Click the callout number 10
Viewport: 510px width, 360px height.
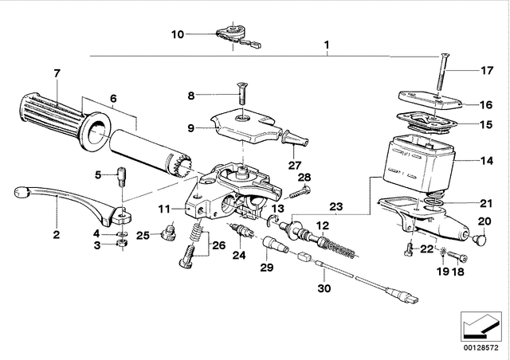178,34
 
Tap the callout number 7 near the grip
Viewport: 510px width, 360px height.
57,74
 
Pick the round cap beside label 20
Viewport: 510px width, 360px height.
480,238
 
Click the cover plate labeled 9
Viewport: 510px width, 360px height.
243,127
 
